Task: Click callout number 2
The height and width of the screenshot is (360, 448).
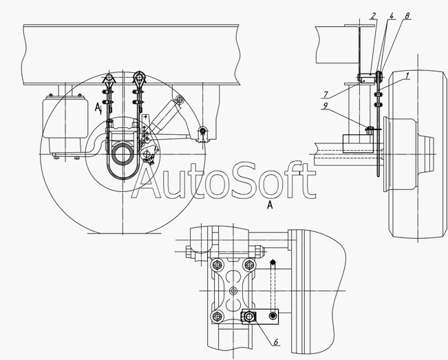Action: [x=372, y=16]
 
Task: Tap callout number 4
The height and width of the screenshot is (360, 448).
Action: [x=391, y=16]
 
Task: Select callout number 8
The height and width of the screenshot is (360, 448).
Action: [x=407, y=16]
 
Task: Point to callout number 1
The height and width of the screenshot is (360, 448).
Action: [x=407, y=76]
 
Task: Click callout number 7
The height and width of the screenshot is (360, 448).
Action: [x=326, y=94]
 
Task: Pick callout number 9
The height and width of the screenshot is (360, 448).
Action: [x=325, y=106]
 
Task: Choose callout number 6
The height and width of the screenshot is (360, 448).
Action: [x=276, y=341]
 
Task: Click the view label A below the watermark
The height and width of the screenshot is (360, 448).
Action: [x=270, y=204]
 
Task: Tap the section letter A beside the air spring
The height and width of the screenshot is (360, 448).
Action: [x=98, y=107]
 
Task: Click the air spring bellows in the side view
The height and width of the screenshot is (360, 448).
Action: [x=65, y=117]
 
